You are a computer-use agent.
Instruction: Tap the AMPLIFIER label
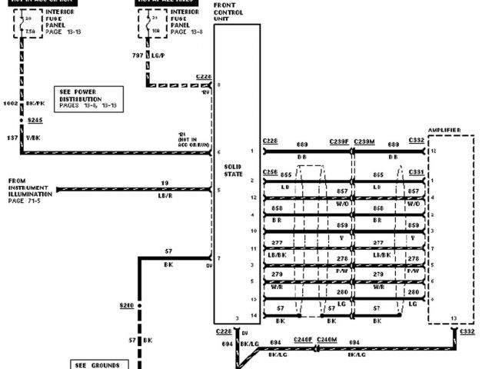coord(445,131)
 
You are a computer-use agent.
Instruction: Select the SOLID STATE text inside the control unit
coord(233,170)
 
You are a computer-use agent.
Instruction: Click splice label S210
coord(127,306)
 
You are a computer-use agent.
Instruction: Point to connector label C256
coord(270,171)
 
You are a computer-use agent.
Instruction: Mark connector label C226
coord(204,78)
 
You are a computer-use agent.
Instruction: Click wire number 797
coord(137,55)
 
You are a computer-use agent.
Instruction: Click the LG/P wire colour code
coord(158,55)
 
